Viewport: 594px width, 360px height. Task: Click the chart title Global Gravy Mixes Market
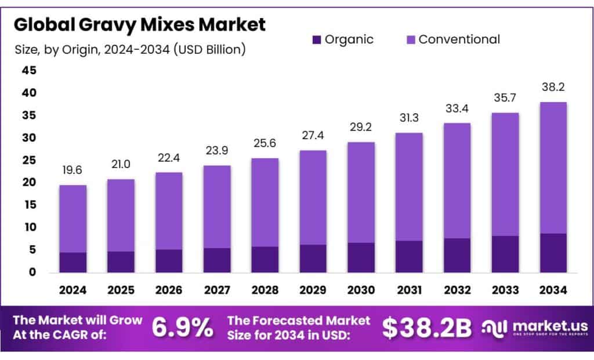(x=140, y=24)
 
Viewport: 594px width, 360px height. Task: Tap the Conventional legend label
(x=459, y=39)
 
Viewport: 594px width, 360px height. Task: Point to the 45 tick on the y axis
(x=28, y=71)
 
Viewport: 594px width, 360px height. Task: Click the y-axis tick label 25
(x=28, y=160)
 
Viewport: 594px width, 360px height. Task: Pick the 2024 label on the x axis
(x=73, y=289)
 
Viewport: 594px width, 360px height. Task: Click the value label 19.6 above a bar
(x=73, y=171)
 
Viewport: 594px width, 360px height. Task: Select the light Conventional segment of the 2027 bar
(x=216, y=206)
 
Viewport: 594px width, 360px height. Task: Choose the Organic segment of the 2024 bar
(x=73, y=262)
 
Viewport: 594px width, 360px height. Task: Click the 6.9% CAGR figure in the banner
(x=182, y=328)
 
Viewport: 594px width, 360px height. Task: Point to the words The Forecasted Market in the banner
(x=299, y=320)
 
